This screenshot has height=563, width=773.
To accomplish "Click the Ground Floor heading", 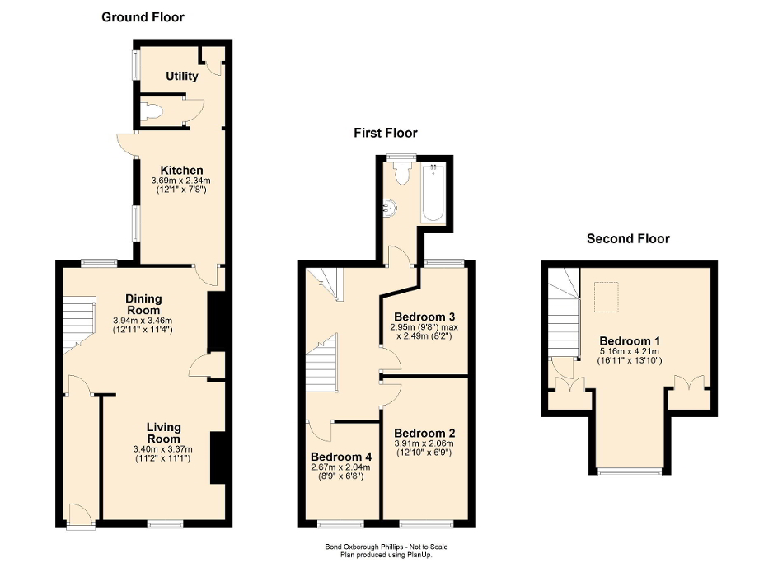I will [143, 16].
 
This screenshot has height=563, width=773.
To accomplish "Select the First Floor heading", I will [385, 133].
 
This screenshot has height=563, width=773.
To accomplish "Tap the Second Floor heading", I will [628, 239].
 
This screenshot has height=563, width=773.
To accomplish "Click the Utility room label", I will [182, 77].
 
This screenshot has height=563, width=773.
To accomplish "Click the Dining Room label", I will [143, 303].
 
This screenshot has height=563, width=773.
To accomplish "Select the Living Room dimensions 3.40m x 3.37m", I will [162, 449].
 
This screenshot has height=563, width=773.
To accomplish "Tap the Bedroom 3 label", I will [424, 317].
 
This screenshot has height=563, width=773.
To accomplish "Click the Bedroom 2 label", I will [424, 433].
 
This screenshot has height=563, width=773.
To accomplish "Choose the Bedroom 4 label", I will [340, 456].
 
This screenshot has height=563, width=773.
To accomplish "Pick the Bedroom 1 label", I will [630, 340].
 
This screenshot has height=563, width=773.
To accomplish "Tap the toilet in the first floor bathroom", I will [402, 172].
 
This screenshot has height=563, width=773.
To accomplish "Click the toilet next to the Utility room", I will [149, 112].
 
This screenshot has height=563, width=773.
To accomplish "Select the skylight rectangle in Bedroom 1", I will [607, 297].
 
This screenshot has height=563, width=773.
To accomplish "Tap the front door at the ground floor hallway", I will [80, 515].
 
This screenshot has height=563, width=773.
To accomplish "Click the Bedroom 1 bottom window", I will [630, 472].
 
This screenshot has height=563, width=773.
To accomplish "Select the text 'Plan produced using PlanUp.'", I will [386, 555].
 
